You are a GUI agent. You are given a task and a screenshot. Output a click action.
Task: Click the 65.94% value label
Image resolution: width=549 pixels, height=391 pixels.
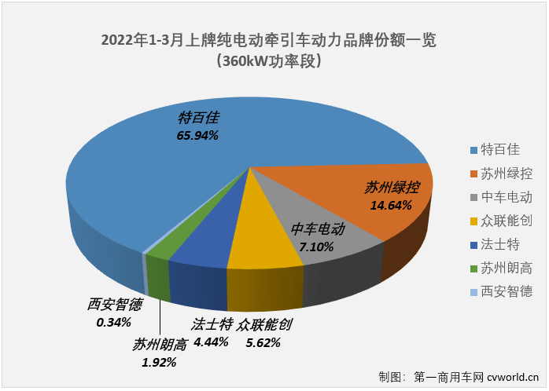[x=197, y=135]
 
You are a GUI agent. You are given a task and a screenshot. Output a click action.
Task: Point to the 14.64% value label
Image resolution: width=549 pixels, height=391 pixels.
[x=391, y=205]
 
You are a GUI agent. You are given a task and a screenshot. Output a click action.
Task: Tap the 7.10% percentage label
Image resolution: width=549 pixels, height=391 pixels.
[x=317, y=247]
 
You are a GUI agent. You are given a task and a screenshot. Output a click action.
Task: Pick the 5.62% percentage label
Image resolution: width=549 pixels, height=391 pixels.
[x=263, y=342]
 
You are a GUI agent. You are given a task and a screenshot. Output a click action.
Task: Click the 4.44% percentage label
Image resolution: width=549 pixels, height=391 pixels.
[x=211, y=342]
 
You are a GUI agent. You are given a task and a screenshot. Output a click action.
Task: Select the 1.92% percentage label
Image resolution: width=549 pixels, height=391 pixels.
[x=160, y=362]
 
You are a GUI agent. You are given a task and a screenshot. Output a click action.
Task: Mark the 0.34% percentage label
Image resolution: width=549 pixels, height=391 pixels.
[x=113, y=322]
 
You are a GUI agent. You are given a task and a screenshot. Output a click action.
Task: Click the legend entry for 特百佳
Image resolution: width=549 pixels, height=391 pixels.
[x=499, y=150]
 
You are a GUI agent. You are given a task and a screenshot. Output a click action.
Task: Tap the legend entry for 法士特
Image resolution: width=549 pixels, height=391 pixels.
[x=499, y=244]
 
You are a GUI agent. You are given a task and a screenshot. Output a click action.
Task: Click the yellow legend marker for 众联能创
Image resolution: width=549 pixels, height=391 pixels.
[x=473, y=221]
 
